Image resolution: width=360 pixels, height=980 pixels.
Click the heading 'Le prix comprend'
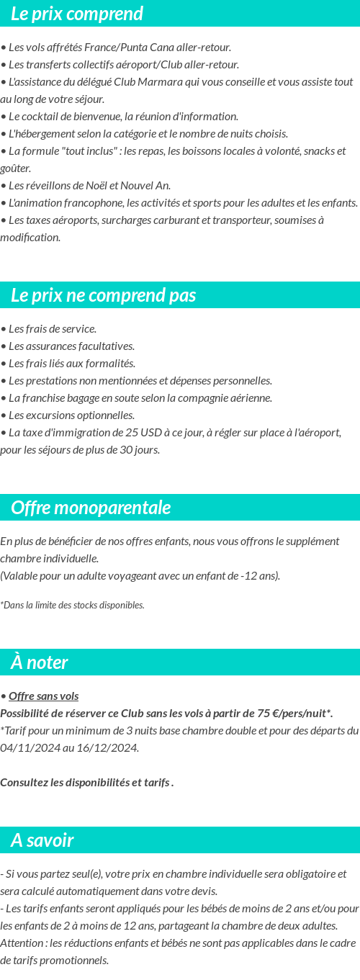point(77,14)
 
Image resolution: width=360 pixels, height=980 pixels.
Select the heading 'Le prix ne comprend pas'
point(103,295)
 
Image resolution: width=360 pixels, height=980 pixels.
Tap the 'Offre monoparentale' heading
point(91,508)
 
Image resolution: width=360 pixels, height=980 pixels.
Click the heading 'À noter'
point(40,662)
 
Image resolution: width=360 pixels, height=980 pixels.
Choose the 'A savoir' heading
point(42,840)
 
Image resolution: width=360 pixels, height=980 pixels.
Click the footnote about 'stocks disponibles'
point(72,605)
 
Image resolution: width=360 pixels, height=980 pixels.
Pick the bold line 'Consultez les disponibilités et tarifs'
point(86,783)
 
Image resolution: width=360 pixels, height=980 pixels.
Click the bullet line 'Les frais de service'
point(50,329)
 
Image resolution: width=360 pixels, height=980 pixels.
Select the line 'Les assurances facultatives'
point(70,346)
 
